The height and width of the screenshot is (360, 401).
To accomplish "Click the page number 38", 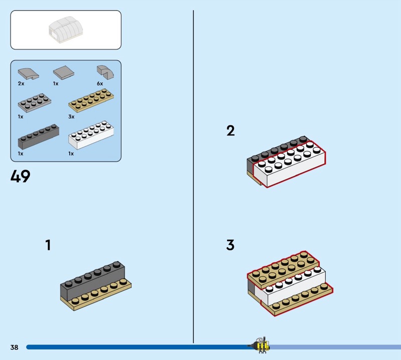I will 14,347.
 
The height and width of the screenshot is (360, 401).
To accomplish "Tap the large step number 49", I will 20,176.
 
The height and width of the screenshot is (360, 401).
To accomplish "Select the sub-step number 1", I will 48,245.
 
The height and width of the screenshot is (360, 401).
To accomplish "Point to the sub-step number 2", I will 230,131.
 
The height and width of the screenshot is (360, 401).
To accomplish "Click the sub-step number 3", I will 230,245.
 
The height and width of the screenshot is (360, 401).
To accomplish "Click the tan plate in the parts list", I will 91,101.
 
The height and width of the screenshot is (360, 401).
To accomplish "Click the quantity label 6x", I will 100,84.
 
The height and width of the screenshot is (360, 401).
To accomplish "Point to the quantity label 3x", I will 71,116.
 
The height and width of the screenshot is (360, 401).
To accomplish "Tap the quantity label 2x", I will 21,84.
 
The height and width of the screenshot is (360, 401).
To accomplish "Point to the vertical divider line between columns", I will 193,175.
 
